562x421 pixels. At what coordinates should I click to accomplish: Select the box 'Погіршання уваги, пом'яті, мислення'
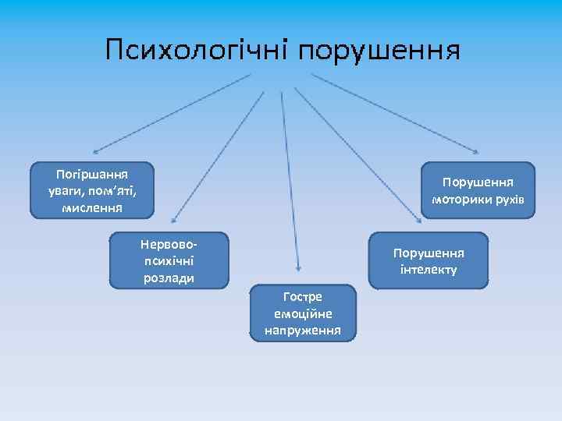[x=92, y=189]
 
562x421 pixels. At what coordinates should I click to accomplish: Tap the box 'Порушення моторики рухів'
[x=478, y=190]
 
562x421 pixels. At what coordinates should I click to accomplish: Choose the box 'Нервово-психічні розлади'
[x=169, y=260]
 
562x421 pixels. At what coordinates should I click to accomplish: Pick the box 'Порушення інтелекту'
[x=429, y=260]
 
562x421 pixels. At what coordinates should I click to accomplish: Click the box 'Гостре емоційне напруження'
[x=302, y=313]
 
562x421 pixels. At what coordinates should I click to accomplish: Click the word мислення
[x=92, y=208]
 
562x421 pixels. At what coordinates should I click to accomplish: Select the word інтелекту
[x=429, y=270]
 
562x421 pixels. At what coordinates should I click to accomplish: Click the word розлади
[x=169, y=278]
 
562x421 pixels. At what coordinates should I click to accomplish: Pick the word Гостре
[x=303, y=296]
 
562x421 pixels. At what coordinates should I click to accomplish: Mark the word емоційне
[x=303, y=313]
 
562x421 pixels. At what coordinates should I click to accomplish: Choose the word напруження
[x=303, y=331]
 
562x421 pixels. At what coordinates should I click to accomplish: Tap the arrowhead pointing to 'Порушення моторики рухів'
[x=476, y=151]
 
